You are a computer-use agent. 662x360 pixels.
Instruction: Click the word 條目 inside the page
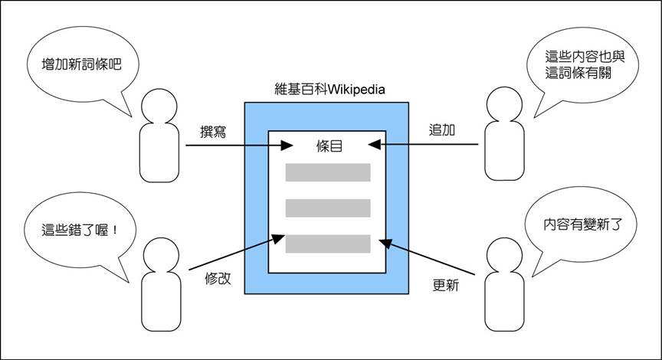328,145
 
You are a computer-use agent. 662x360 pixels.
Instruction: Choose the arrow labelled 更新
432,257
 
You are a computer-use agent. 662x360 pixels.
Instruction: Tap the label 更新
447,286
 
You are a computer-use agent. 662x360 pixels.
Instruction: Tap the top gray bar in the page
328,172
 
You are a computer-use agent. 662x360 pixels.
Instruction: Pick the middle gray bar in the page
328,208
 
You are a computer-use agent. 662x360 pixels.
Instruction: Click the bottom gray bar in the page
328,243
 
